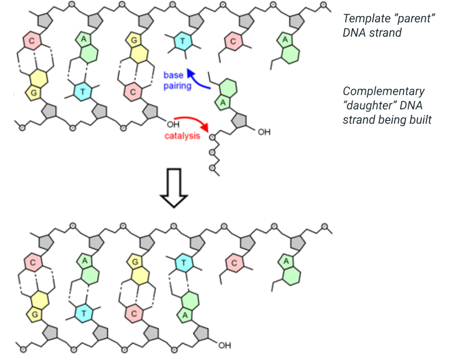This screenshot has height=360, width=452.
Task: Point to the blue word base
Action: pyautogui.click(x=173, y=75)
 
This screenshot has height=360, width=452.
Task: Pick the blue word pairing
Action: pyautogui.click(x=177, y=85)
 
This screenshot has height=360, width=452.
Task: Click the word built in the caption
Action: pyautogui.click(x=421, y=120)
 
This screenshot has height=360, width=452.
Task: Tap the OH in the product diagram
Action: pyautogui.click(x=225, y=346)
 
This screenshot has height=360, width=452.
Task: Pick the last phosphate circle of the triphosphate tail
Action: pyautogui.click(x=212, y=168)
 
